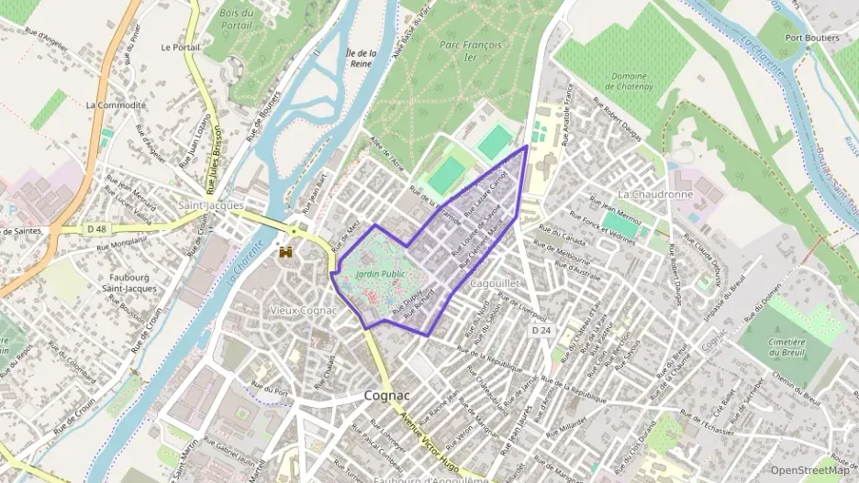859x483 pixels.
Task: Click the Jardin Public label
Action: pos(380,273)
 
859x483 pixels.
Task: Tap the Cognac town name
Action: pos(385,396)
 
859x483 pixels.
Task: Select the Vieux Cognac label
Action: pos(304,310)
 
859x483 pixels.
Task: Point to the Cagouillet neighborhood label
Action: pos(495,284)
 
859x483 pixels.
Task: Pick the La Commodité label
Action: pos(116,105)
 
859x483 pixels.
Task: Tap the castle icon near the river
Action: pos(286,250)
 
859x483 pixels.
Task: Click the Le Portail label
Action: pos(179,47)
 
